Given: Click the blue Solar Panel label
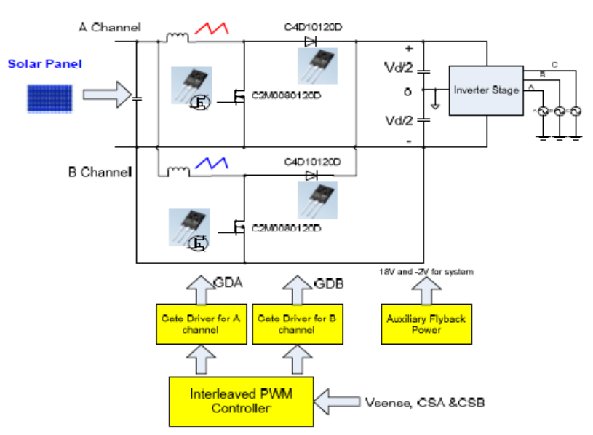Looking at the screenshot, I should [x=45, y=64].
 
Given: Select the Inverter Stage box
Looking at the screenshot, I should [x=486, y=90].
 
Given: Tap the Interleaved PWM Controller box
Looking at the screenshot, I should [x=241, y=401].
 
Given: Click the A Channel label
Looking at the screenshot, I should [x=109, y=28].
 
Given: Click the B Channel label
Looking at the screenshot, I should [x=99, y=173].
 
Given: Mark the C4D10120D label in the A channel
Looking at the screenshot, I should [x=313, y=28].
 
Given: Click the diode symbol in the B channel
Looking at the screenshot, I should [x=312, y=175].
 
